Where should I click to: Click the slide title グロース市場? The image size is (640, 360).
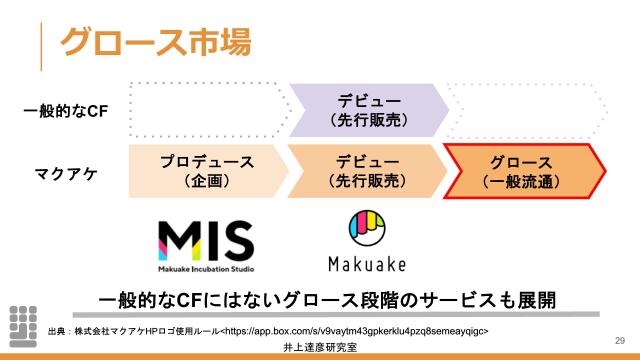point(154,41)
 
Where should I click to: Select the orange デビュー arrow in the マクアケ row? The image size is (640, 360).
point(366,171)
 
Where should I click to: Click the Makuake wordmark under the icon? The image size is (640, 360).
point(367,266)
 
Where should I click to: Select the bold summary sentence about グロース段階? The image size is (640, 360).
point(326,300)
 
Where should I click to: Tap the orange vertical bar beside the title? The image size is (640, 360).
point(41,41)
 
